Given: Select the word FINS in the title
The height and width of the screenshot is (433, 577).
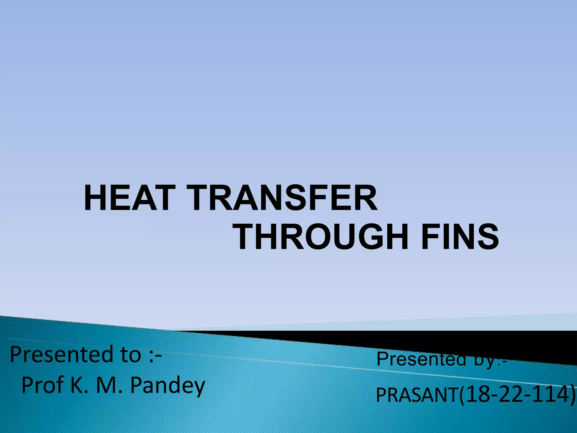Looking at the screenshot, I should (x=460, y=237).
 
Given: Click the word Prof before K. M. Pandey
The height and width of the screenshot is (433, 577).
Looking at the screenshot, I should (x=43, y=386).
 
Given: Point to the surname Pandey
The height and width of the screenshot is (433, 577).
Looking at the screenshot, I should (x=167, y=386).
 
